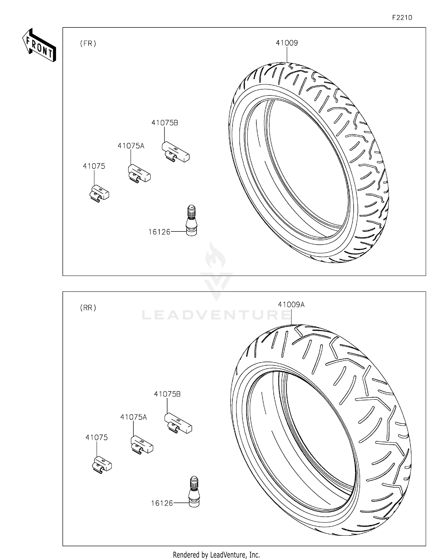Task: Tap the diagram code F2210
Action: coord(402,18)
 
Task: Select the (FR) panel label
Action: coord(88,44)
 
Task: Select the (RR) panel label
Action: coord(88,308)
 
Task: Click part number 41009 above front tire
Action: coord(287,43)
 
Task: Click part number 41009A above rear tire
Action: coord(291,305)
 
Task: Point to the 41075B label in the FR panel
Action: coord(165,123)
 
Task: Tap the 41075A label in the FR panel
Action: coord(131,146)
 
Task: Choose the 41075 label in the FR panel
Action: coord(94,166)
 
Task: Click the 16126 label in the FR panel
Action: coord(159,232)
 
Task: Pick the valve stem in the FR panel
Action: coord(191,220)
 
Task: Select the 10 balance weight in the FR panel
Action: coord(99,193)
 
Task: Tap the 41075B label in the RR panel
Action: coord(167,394)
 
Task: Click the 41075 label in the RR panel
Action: coord(96,437)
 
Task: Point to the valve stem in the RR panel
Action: coord(194,492)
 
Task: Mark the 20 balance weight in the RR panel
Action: coord(142,445)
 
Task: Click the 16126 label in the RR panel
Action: coord(162,503)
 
